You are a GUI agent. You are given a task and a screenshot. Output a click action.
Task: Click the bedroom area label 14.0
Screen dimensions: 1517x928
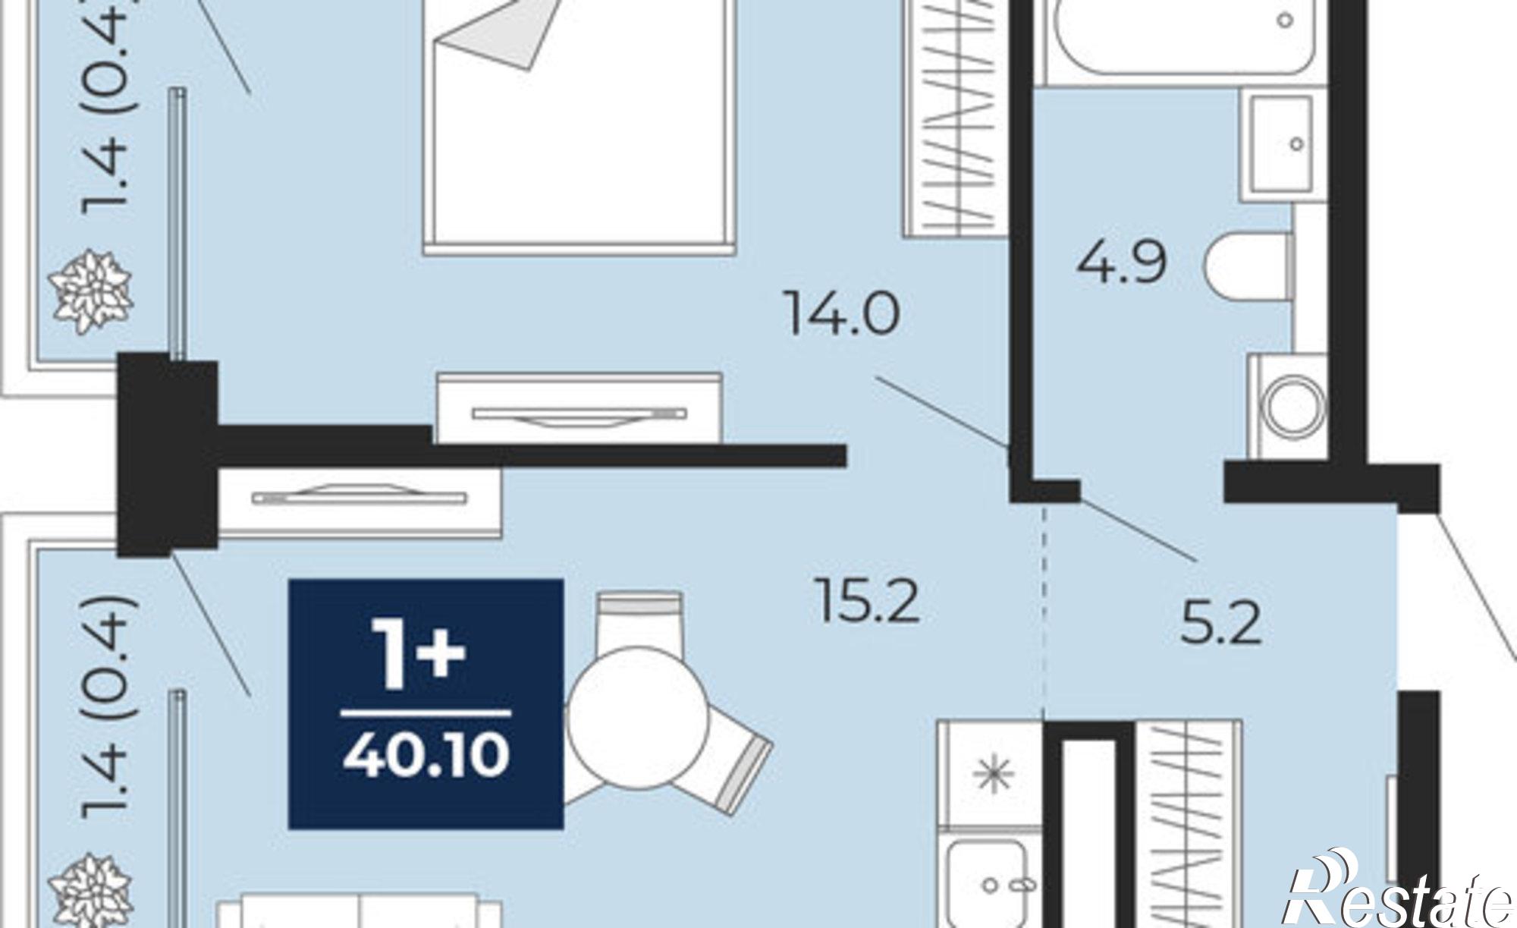point(843,314)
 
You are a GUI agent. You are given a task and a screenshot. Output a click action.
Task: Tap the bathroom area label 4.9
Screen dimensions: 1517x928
point(1121,263)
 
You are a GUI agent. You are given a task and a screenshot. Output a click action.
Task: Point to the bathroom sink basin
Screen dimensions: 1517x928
point(1282,144)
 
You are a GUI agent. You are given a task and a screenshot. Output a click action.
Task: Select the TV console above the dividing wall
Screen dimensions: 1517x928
point(579,407)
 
